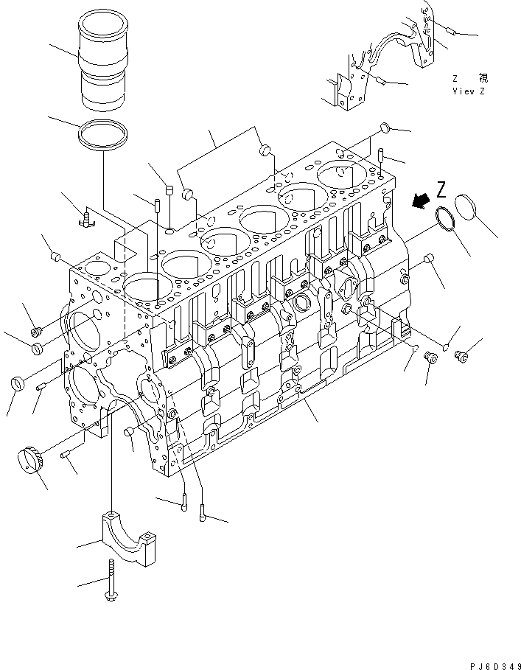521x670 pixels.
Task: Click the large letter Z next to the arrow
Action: [x=441, y=191]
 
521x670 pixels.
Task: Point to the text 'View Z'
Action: [x=469, y=91]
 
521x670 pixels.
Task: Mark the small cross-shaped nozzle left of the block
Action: [x=87, y=217]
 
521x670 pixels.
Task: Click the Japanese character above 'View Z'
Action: [x=483, y=77]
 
